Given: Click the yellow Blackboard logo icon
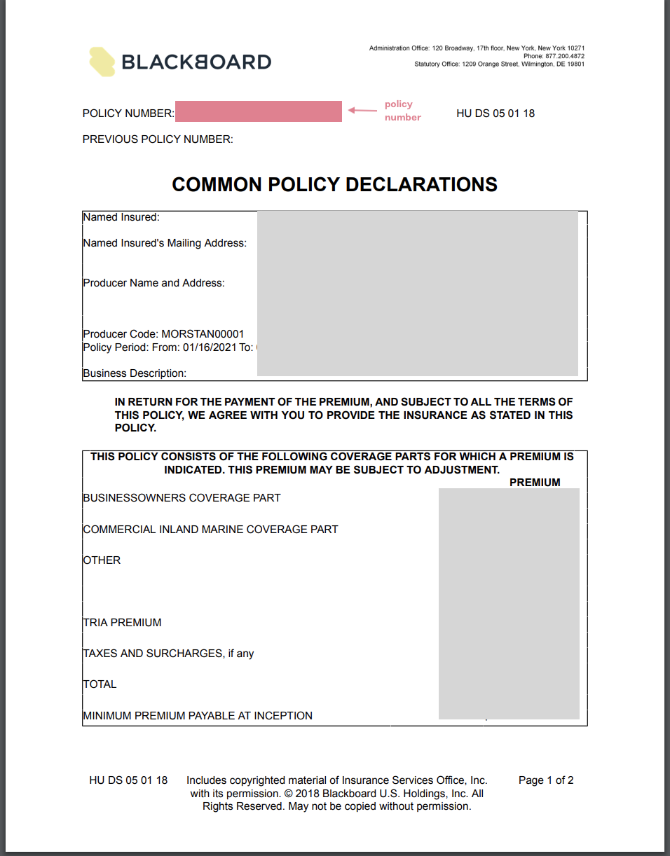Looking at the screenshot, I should (x=102, y=62).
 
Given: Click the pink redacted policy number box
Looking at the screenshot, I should (x=259, y=111).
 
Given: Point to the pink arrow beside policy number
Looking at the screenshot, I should (x=362, y=111).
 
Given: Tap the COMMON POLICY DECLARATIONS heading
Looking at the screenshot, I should (x=334, y=184).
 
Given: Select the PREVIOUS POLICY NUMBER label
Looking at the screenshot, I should (x=158, y=139).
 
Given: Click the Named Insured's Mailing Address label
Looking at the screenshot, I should (x=165, y=243).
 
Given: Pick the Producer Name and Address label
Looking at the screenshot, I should (x=153, y=283).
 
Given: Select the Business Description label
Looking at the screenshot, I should (x=135, y=373).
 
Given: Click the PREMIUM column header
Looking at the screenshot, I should (x=535, y=482).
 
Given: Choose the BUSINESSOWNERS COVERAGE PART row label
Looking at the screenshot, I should (x=182, y=498).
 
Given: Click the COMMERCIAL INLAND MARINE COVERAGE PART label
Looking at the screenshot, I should (x=210, y=530).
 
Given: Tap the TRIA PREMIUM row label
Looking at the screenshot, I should (x=122, y=623).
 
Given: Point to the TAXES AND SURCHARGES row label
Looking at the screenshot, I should (x=168, y=654).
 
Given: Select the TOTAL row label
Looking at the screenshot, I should (x=100, y=684).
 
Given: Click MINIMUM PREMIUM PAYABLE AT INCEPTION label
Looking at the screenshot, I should (x=198, y=716).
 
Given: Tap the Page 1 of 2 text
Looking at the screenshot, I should (x=546, y=780).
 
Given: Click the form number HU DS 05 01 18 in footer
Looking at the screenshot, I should (x=128, y=780).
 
